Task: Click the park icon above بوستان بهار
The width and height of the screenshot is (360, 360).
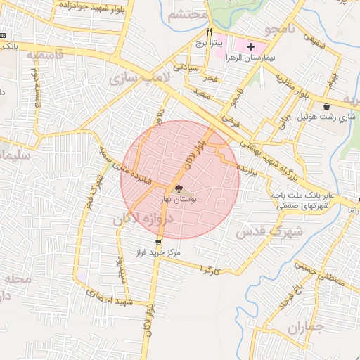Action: click(177, 188)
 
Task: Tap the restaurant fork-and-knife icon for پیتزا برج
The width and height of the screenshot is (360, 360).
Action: click(209, 32)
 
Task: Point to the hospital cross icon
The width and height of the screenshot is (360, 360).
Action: click(250, 44)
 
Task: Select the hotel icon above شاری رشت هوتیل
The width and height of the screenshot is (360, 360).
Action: click(327, 107)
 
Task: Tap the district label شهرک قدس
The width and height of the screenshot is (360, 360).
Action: click(269, 231)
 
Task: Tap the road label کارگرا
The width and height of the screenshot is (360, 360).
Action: click(211, 269)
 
